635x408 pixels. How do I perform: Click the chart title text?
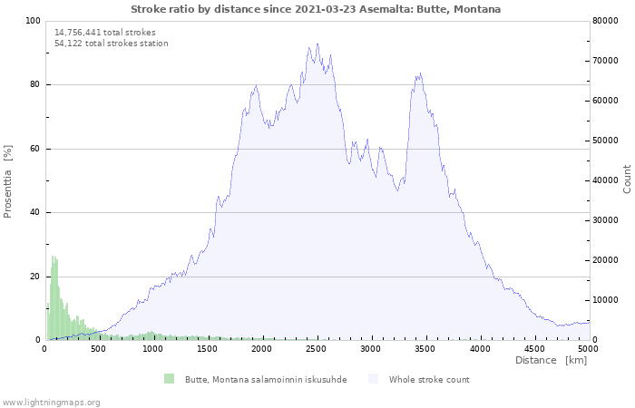click(315, 9)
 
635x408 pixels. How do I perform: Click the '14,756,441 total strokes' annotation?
click(105, 33)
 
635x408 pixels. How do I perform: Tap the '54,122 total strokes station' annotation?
click(112, 44)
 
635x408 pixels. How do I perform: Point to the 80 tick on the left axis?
click(34, 85)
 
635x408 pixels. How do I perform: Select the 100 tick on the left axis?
click(33, 21)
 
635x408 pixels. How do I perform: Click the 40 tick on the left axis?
click(34, 213)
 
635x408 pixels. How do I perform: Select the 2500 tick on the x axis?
click(317, 349)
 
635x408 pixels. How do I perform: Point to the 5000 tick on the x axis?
click(588, 349)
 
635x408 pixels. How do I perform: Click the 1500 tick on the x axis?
click(208, 349)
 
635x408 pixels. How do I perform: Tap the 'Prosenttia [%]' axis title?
click(8, 180)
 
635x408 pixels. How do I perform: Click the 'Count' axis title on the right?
click(627, 179)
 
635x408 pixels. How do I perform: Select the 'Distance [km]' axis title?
click(551, 361)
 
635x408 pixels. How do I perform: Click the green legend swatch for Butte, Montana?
click(170, 379)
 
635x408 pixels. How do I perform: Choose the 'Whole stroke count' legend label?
click(429, 380)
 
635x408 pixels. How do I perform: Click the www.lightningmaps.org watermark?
click(51, 403)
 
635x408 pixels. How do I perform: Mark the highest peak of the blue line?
click(317, 44)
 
